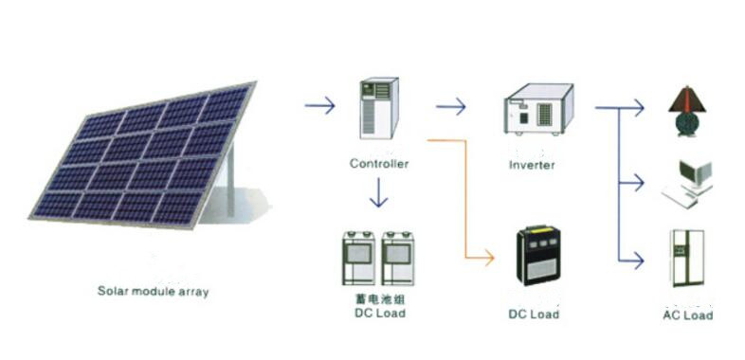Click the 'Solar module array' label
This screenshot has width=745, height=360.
(153, 292)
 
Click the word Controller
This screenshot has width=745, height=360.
(379, 164)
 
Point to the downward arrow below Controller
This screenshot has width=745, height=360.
(379, 194)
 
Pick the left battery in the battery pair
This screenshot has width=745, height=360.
(358, 258)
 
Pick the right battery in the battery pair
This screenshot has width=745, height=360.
(398, 258)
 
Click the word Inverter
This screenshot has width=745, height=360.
(532, 165)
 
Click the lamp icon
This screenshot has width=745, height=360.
(684, 112)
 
